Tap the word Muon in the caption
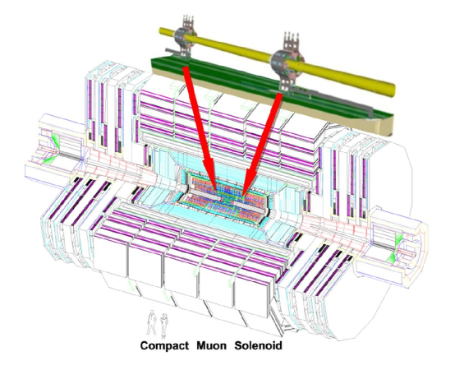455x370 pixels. click(x=216, y=346)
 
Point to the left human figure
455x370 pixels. click(x=150, y=320)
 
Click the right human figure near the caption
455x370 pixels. click(x=165, y=320)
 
